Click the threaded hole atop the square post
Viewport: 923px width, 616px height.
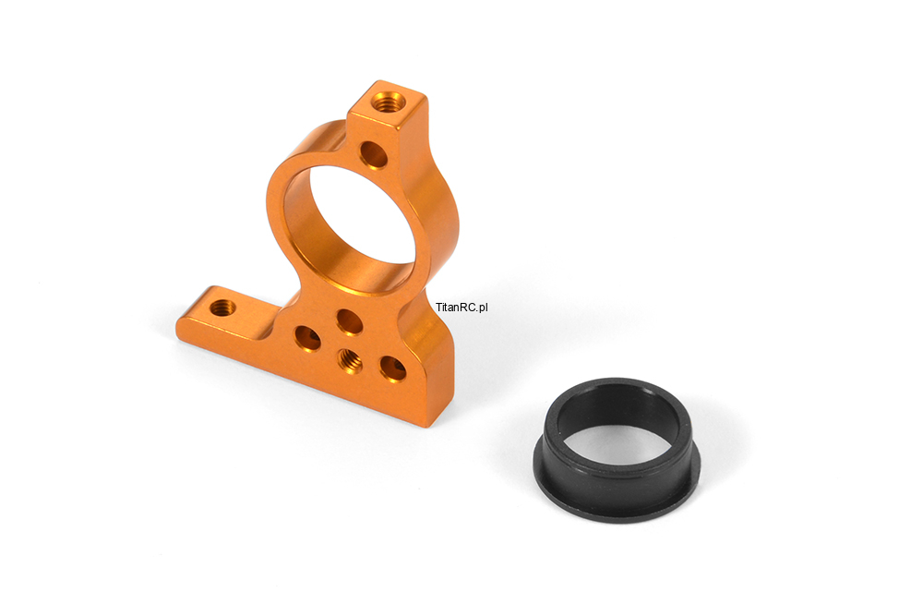coord(389,103)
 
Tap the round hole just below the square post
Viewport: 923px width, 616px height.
coord(373,155)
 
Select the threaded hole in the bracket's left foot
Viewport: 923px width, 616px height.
coord(222,307)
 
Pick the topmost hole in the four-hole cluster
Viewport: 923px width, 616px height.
coord(349,321)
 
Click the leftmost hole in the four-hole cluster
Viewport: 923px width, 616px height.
coord(308,338)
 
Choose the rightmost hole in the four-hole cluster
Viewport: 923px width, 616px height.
coord(392,368)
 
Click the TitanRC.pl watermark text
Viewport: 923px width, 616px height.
coord(462,308)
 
